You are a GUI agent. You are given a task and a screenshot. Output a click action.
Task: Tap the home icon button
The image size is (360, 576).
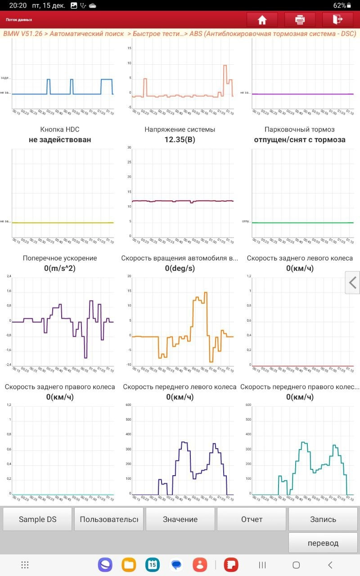262,20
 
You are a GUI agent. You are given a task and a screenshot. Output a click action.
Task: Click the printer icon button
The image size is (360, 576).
300,20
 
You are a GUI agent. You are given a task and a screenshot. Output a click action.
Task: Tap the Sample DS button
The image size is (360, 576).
37,519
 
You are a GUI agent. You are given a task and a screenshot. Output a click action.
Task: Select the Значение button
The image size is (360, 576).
180,519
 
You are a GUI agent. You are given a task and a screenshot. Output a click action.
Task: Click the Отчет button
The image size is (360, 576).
252,519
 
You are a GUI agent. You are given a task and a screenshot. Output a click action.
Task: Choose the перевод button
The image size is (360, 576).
323,543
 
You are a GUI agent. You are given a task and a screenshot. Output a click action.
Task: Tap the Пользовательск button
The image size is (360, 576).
109,519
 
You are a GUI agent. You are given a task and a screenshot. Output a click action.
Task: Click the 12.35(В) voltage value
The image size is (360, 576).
180,139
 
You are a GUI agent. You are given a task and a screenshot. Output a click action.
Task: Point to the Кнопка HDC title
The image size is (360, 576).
60,130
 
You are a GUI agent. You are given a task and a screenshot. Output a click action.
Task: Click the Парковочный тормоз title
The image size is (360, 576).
300,130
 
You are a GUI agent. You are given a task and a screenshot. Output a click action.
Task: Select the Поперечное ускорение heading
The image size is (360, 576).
60,258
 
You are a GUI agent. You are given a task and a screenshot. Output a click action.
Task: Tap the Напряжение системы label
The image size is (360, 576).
180,130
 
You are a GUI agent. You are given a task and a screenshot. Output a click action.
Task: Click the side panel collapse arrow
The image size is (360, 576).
353,283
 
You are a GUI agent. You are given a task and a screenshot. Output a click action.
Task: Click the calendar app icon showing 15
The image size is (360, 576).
153,565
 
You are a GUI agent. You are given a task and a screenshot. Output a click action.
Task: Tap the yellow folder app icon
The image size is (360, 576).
129,565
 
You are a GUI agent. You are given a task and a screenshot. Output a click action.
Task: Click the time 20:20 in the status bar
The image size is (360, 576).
18,5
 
